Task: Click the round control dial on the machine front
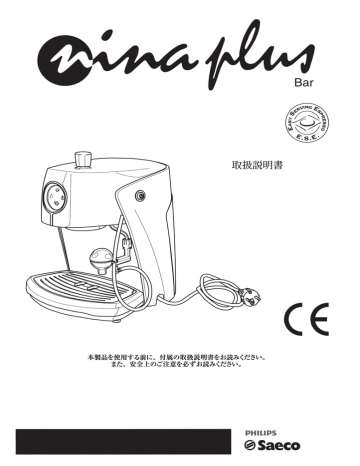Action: [53, 197]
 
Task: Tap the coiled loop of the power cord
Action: [204, 292]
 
